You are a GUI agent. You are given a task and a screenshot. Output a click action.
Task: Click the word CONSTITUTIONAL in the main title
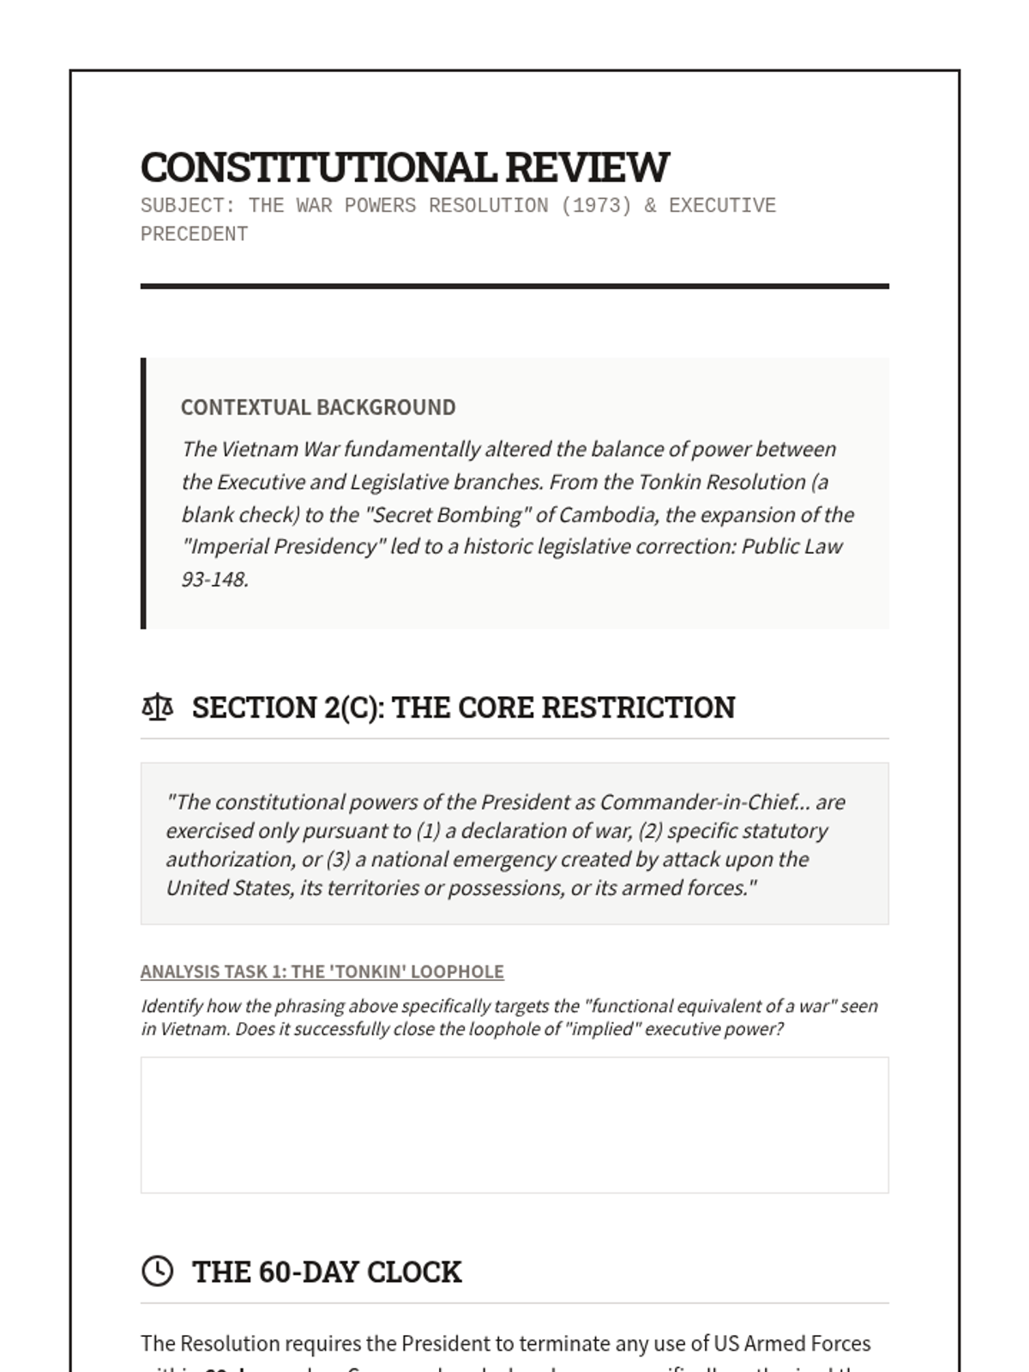pos(317,167)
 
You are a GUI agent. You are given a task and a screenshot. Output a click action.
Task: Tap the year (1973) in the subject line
pos(596,206)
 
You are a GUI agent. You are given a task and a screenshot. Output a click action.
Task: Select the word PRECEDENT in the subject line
pos(194,234)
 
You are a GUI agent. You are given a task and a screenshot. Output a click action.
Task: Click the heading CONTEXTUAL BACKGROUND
pos(318,407)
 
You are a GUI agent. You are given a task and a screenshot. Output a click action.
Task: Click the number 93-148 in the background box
pos(214,580)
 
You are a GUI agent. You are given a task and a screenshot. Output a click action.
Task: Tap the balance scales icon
pos(157,707)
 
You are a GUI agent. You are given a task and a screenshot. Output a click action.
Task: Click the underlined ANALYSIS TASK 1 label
pos(213,972)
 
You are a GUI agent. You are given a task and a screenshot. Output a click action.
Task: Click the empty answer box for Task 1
pos(514,1124)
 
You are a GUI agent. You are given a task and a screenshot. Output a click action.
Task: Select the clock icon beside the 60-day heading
pos(157,1271)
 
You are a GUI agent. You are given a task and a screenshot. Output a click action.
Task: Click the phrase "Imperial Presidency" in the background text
pos(283,547)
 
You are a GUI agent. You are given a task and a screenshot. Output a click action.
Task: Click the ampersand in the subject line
pos(650,206)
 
